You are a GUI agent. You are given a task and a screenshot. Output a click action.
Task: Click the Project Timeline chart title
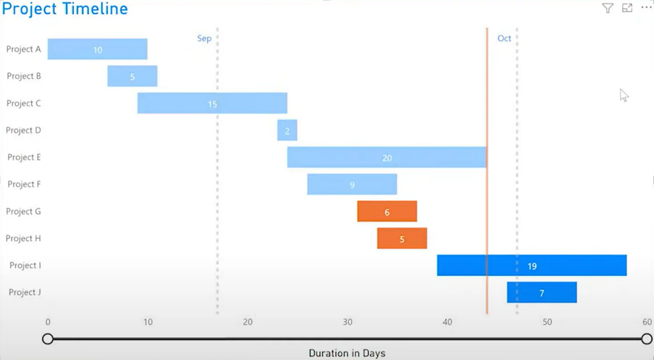[x=65, y=9]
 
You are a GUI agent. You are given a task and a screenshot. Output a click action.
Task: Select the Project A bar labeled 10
[x=97, y=49]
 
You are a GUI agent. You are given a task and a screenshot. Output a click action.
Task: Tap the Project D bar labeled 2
[x=287, y=130]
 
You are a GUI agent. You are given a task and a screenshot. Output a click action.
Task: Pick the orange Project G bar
[x=387, y=211]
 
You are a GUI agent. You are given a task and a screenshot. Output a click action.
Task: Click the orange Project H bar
[x=402, y=238]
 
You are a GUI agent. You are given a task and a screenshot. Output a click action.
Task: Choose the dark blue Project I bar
[x=531, y=265]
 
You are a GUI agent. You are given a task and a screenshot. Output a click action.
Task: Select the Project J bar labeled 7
[x=542, y=292]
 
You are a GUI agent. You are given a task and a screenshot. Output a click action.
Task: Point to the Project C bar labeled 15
[x=212, y=103]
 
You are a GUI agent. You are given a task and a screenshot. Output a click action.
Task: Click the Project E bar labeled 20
[x=386, y=157]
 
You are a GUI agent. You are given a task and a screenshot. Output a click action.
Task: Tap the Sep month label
[x=204, y=39]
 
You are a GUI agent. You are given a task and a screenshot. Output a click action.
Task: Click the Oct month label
[x=504, y=39]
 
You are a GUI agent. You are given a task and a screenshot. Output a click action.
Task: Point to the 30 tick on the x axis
[x=348, y=322]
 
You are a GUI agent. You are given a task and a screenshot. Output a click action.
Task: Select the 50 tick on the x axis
[x=547, y=322]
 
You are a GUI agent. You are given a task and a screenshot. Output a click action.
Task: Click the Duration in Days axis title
[x=347, y=353]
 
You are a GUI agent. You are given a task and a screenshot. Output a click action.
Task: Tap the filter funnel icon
[x=608, y=8]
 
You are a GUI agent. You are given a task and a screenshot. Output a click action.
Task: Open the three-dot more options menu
[x=646, y=8]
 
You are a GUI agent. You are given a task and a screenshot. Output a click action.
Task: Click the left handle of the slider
[x=48, y=339]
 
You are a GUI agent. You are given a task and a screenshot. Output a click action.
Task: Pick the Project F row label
[x=24, y=184]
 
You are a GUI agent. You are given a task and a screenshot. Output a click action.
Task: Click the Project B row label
[x=24, y=76]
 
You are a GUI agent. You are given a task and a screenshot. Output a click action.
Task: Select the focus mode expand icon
[x=627, y=8]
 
